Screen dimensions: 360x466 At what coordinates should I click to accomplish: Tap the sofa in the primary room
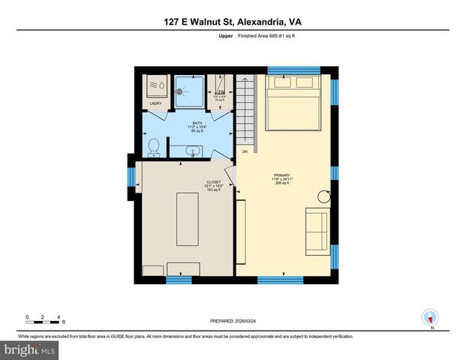pos(316,230)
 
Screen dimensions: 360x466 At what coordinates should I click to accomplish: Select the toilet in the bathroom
pos(153,147)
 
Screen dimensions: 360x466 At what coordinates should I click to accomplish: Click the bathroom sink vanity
pos(193,151)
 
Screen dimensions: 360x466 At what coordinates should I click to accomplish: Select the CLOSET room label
pos(214,182)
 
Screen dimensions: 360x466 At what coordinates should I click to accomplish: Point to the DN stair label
pos(245,151)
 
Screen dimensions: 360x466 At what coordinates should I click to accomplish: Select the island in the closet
pos(187,218)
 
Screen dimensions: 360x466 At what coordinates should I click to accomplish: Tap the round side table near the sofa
pos(325,196)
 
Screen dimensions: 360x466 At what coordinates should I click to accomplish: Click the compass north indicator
pos(430,317)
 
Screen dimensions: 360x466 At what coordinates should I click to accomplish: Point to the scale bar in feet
pos(43,318)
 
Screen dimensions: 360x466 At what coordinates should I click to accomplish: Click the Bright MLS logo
pos(29,349)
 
